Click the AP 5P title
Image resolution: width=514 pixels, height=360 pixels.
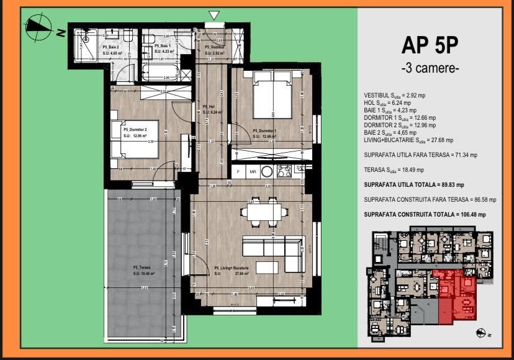430,45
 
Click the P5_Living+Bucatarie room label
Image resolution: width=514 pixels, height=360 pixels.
232,268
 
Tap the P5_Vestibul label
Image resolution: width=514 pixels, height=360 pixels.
215,47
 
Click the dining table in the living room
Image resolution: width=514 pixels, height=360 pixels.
264,212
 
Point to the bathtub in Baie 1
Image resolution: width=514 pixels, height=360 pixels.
161,72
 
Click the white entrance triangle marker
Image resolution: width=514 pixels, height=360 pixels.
214,15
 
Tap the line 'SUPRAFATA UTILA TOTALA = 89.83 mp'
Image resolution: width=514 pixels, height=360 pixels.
414,185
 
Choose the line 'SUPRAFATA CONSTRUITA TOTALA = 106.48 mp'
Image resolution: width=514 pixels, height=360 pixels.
425,214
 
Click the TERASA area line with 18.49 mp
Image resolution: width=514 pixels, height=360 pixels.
394,169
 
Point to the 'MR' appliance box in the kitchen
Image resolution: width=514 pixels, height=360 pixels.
253,171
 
